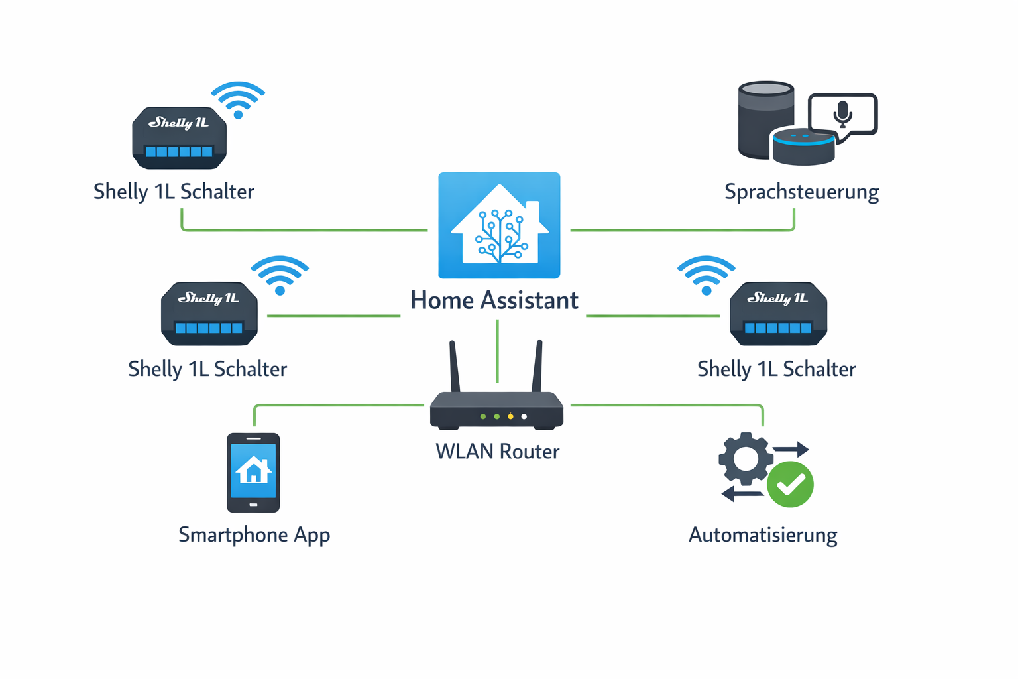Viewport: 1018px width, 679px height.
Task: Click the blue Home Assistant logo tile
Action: [x=499, y=225]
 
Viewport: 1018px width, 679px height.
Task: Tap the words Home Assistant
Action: [x=494, y=300]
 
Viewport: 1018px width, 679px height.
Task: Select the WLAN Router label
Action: [x=497, y=452]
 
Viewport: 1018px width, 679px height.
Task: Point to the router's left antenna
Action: [x=454, y=367]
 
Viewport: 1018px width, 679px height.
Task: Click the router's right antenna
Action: [x=537, y=367]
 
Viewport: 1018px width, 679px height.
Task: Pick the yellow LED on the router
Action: [x=510, y=416]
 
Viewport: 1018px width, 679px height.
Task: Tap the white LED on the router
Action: [x=524, y=416]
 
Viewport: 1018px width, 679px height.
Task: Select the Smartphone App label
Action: [x=254, y=535]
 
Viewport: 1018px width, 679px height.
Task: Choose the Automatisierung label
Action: [x=763, y=535]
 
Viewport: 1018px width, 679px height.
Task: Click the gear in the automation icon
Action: [x=746, y=458]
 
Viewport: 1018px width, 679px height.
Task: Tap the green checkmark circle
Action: [x=790, y=485]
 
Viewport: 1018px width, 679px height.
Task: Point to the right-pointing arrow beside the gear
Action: [x=792, y=449]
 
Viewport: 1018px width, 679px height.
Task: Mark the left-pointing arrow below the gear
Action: [x=741, y=493]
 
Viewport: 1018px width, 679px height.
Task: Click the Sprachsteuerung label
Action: [x=801, y=192]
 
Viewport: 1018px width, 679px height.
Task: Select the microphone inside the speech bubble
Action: [x=842, y=113]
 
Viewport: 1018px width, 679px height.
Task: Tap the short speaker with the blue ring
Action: [x=803, y=147]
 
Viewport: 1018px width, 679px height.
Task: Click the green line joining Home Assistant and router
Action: [x=497, y=351]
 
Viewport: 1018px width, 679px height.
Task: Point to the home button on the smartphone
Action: [x=253, y=505]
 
